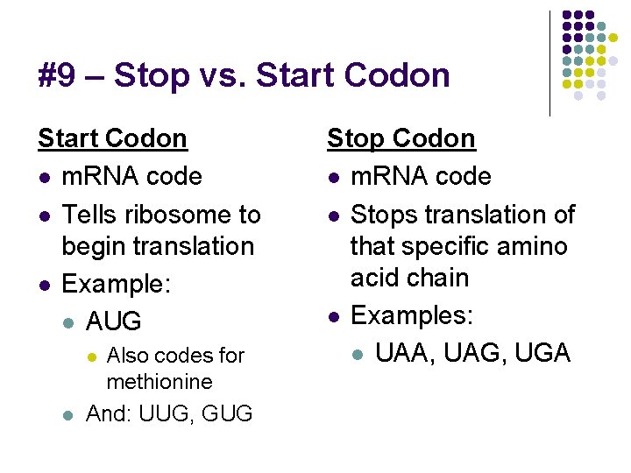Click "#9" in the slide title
(57, 75)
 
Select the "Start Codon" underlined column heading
(112, 138)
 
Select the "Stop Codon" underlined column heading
(401, 138)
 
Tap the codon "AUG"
(113, 321)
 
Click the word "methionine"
(159, 382)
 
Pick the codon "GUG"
(226, 413)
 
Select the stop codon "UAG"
(473, 353)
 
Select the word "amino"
(534, 246)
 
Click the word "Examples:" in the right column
(411, 315)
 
